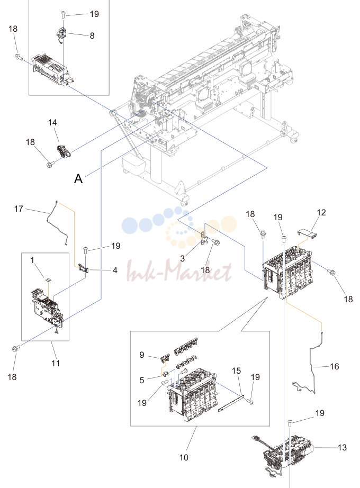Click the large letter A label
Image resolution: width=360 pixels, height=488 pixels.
pyautogui.click(x=78, y=179)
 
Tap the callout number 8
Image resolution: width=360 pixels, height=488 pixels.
pyautogui.click(x=92, y=36)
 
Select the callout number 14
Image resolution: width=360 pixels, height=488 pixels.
pyautogui.click(x=52, y=123)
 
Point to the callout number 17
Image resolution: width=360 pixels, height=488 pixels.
pyautogui.click(x=19, y=209)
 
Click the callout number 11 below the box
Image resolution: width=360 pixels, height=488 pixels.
pyautogui.click(x=56, y=363)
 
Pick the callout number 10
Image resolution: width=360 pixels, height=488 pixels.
pyautogui.click(x=184, y=457)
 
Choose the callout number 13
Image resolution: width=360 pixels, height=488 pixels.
pyautogui.click(x=342, y=448)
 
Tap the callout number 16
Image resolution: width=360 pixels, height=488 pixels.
pyautogui.click(x=335, y=367)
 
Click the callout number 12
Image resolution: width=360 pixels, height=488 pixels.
pyautogui.click(x=321, y=213)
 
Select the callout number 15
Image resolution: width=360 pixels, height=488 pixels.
pyautogui.click(x=236, y=370)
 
